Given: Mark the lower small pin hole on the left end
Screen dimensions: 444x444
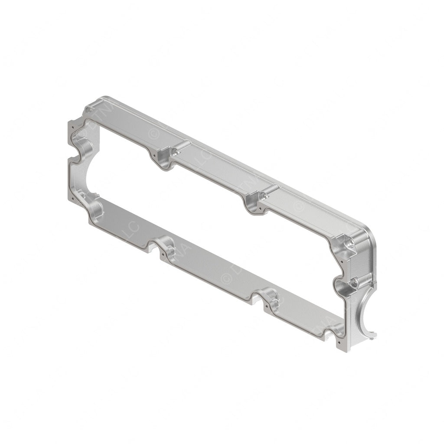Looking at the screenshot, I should [73, 198].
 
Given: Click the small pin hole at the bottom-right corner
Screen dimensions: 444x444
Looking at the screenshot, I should [339, 342].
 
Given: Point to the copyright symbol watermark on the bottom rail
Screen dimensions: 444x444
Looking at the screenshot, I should [225, 277].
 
